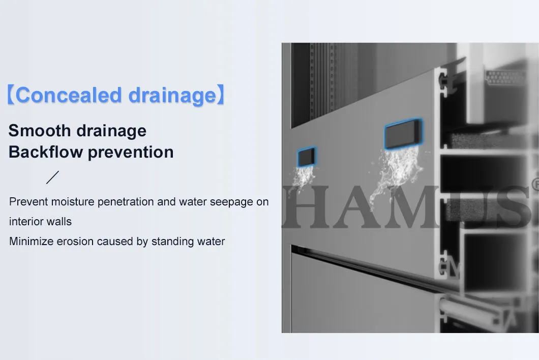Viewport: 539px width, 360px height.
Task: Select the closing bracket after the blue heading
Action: click(221, 96)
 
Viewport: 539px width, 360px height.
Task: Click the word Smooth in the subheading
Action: click(40, 131)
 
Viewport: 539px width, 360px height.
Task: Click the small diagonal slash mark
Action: click(52, 177)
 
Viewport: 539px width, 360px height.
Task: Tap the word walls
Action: click(61, 222)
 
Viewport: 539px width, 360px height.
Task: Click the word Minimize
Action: click(31, 242)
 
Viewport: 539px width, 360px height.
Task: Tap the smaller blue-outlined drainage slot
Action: click(307, 158)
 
